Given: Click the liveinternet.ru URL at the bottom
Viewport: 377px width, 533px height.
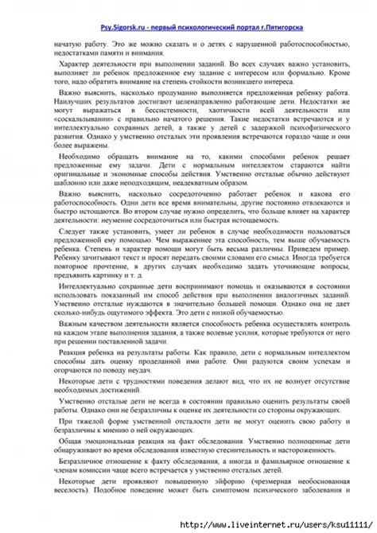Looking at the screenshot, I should pos(270,525).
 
